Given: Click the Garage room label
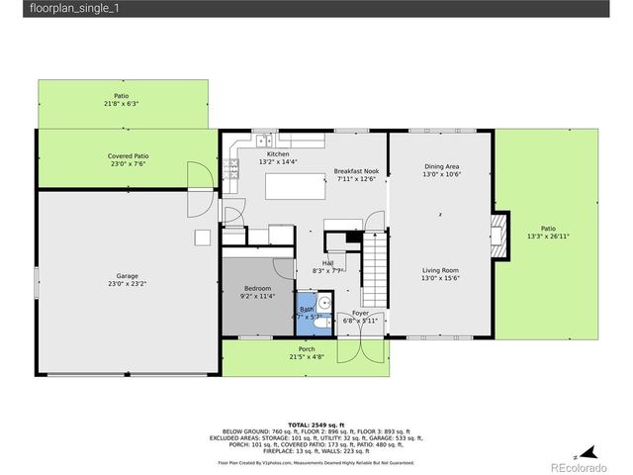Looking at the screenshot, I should [x=127, y=276].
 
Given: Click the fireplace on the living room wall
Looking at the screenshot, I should [x=500, y=235].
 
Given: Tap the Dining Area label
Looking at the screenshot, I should [x=441, y=166].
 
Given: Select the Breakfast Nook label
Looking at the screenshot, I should [x=357, y=171].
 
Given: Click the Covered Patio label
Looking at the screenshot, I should [x=129, y=155].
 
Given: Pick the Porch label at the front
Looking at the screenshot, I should [x=307, y=349].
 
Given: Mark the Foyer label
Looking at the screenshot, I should [x=360, y=313].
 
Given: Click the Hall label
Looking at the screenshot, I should [x=326, y=263].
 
